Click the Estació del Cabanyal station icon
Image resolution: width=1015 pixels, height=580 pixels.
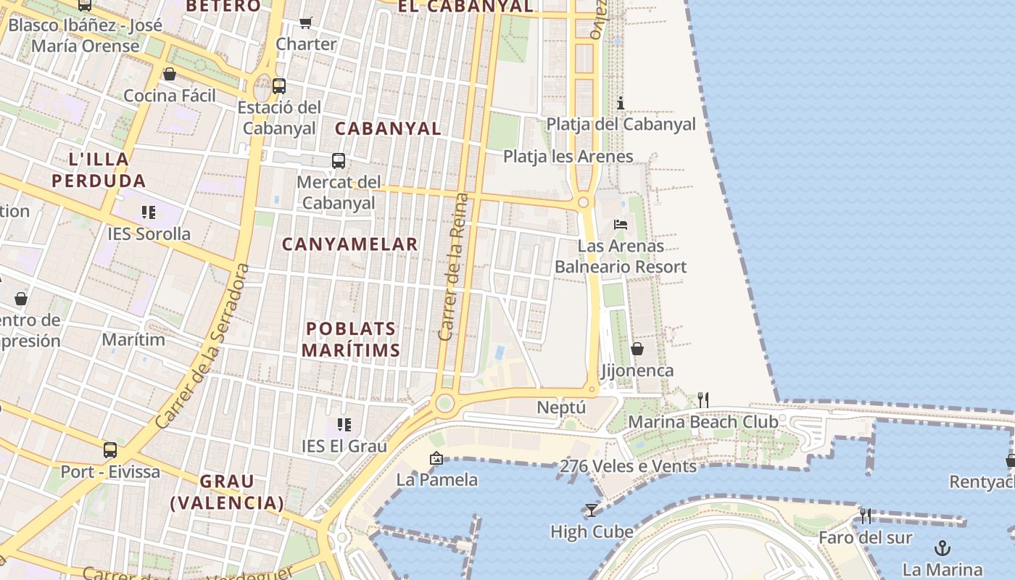point(279,86)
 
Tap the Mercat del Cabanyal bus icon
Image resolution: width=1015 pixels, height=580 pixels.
point(339,161)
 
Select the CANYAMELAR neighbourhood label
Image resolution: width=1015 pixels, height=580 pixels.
point(349,244)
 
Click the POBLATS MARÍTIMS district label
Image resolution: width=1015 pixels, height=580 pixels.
point(351,339)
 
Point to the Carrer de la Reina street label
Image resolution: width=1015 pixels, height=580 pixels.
point(455,267)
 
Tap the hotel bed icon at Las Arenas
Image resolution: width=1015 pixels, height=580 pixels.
point(621,225)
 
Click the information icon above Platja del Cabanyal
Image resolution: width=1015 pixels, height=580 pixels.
point(620,103)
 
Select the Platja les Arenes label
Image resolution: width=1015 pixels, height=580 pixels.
point(568,157)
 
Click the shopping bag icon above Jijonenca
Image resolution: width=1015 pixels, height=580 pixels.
point(637,349)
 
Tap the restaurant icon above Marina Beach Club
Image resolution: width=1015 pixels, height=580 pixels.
point(703,399)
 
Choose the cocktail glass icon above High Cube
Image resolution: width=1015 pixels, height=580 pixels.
point(592,510)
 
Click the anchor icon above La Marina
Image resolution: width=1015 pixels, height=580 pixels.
point(942,547)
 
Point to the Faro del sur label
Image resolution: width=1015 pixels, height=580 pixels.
point(865,537)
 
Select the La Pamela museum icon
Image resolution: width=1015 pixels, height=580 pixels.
point(436,458)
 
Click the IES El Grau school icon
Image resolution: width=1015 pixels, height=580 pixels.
point(344,425)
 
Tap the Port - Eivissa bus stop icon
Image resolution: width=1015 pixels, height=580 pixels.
point(110,450)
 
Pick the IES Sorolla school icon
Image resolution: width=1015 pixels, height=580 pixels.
point(149,212)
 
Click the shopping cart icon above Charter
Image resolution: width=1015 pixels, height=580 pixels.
point(306,23)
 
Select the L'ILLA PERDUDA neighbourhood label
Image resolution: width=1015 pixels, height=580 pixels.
point(99,170)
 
